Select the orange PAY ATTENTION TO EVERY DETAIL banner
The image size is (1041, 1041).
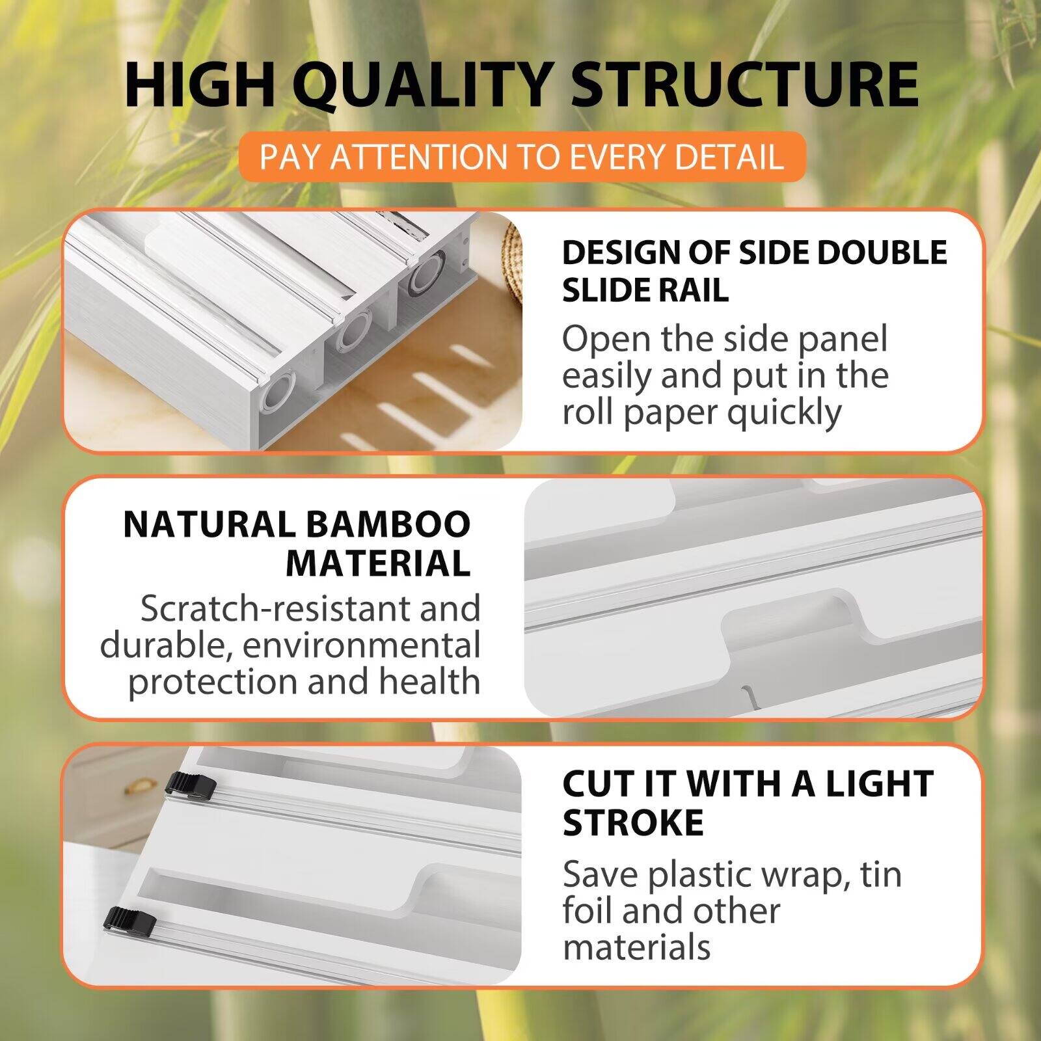coord(521,157)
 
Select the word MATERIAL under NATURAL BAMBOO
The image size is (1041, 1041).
coord(378,563)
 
